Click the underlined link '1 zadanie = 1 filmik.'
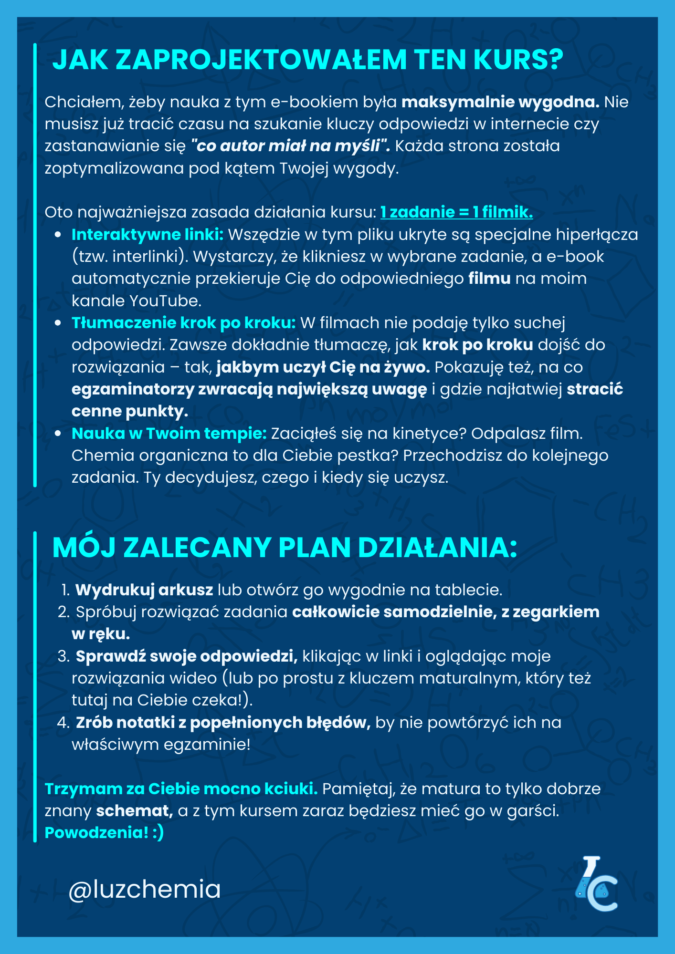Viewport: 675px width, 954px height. pyautogui.click(x=456, y=212)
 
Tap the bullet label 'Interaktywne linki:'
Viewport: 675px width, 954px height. pyautogui.click(x=148, y=235)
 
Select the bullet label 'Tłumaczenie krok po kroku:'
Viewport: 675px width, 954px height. pyautogui.click(x=184, y=323)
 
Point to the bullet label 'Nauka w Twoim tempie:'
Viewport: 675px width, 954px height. pyautogui.click(x=169, y=434)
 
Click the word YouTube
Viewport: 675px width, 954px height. pyautogui.click(x=166, y=301)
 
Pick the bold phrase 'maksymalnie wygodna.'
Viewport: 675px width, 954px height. pyautogui.click(x=500, y=102)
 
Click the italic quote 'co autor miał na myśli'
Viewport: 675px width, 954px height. pyautogui.click(x=290, y=146)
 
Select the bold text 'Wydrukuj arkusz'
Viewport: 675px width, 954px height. pyautogui.click(x=144, y=590)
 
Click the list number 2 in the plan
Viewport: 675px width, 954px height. pyautogui.click(x=63, y=612)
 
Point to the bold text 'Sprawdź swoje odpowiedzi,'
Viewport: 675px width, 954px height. pyautogui.click(x=187, y=656)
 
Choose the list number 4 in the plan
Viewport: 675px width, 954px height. pyautogui.click(x=63, y=723)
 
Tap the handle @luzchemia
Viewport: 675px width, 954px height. pyautogui.click(x=144, y=890)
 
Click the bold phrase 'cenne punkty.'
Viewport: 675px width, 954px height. pyautogui.click(x=130, y=411)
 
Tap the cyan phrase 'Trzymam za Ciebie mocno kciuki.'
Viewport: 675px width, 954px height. pyautogui.click(x=181, y=789)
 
